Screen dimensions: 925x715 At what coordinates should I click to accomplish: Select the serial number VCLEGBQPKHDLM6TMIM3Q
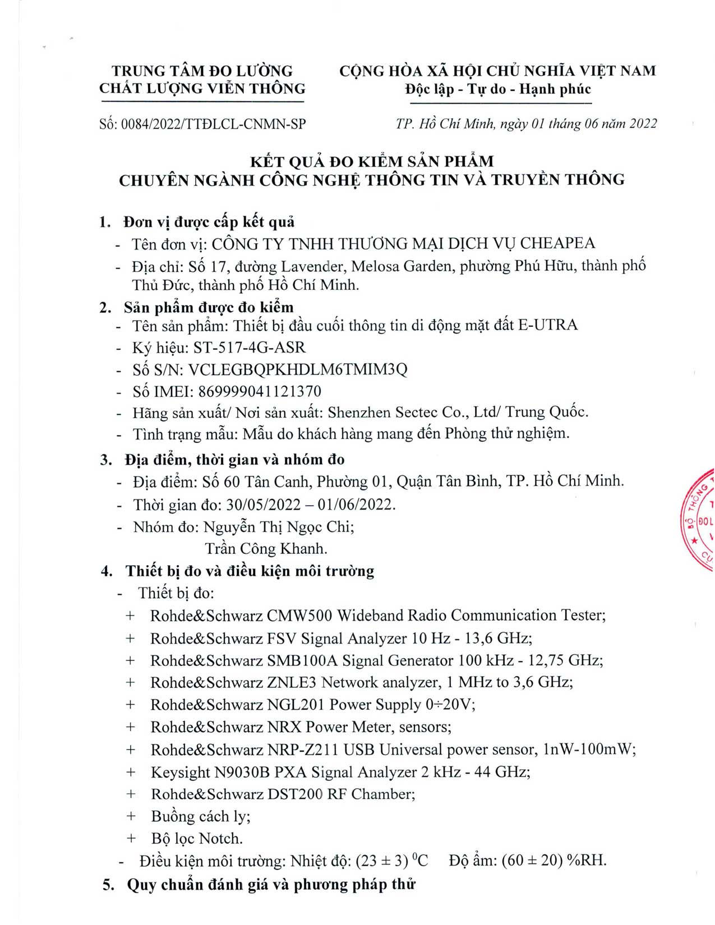tap(298, 369)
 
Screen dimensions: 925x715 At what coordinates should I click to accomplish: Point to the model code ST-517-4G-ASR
tap(250, 348)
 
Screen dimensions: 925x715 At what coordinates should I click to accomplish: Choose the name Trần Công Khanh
tap(266, 548)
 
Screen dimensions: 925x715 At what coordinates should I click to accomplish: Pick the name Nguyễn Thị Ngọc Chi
tap(278, 527)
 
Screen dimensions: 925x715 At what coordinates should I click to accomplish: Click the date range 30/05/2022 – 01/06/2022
tap(311, 505)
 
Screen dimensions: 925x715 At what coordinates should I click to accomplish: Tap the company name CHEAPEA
tap(557, 244)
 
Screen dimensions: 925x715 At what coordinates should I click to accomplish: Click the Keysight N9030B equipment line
tap(340, 772)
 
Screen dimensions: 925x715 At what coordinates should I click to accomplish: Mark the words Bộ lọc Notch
tap(197, 839)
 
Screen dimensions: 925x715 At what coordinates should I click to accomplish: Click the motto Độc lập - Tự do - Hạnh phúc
tap(497, 89)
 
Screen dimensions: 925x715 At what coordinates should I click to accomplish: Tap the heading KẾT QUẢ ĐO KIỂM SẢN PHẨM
tap(371, 161)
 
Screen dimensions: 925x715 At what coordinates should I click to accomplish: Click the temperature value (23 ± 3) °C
tap(391, 861)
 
